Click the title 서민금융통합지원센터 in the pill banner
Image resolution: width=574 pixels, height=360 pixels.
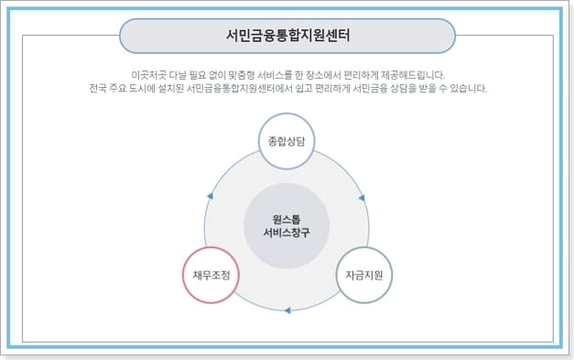click(x=287, y=36)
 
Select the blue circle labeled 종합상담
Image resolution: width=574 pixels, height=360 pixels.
click(x=286, y=142)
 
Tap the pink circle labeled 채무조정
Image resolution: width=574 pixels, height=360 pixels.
click(x=211, y=275)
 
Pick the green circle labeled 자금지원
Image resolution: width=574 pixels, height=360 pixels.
click(x=363, y=275)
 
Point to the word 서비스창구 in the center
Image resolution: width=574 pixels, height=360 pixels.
click(x=287, y=233)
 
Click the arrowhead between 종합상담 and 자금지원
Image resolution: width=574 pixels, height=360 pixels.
click(x=362, y=195)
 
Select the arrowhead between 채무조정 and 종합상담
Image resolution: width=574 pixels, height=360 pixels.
click(x=211, y=195)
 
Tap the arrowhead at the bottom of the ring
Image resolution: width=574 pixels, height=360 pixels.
click(x=287, y=311)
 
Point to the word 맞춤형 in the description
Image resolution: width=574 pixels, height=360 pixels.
click(x=248, y=74)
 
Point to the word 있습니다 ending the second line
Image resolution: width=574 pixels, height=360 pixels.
click(x=471, y=89)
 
